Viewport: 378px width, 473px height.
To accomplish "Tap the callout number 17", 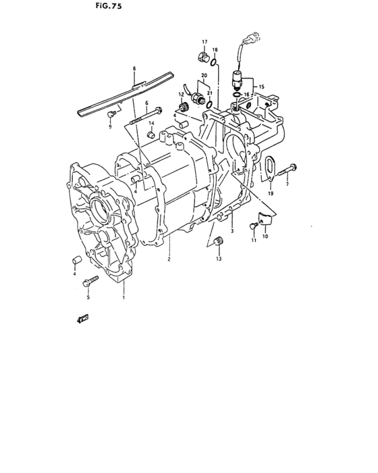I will pyautogui.click(x=203, y=42).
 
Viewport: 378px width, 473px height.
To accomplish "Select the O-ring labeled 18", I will pyautogui.click(x=213, y=64).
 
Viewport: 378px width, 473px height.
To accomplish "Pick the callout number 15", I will pyautogui.click(x=263, y=87).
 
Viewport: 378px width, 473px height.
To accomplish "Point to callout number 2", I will pyautogui.click(x=169, y=259).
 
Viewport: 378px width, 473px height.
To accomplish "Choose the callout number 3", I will pyautogui.click(x=232, y=231).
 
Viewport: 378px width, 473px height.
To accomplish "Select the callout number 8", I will pyautogui.click(x=134, y=69).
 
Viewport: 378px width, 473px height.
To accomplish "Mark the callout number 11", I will pyautogui.click(x=254, y=240).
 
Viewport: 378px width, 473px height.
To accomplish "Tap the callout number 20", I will pyautogui.click(x=203, y=75).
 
